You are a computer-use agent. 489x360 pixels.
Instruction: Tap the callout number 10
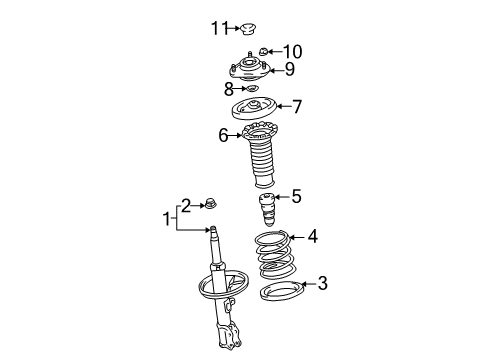(x=292, y=51)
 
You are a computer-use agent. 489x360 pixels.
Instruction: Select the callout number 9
(x=289, y=69)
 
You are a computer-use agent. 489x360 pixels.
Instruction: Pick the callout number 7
(x=296, y=106)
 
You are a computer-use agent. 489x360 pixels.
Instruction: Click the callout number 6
(x=224, y=134)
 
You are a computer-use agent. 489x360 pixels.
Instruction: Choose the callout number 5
(x=296, y=196)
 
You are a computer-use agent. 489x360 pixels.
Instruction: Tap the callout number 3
(x=322, y=284)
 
